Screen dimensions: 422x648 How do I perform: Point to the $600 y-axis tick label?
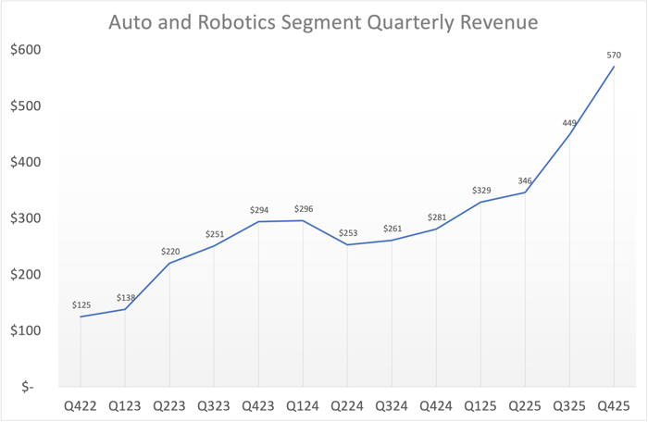tap(24, 49)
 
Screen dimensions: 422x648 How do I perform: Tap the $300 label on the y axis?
tap(24, 218)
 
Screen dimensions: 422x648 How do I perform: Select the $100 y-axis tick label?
tap(24, 330)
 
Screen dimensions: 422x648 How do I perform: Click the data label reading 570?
tap(614, 56)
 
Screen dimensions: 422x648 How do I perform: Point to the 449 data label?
tap(569, 122)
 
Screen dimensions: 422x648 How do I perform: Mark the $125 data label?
tap(81, 304)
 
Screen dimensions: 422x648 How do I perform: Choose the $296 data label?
tap(303, 209)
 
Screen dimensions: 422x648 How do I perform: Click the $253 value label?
tap(347, 233)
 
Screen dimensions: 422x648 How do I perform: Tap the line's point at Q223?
tap(169, 263)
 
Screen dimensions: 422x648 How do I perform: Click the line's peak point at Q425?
tap(614, 66)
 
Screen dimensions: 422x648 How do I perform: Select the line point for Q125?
tap(480, 202)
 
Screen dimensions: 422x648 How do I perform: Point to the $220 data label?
tap(169, 251)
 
